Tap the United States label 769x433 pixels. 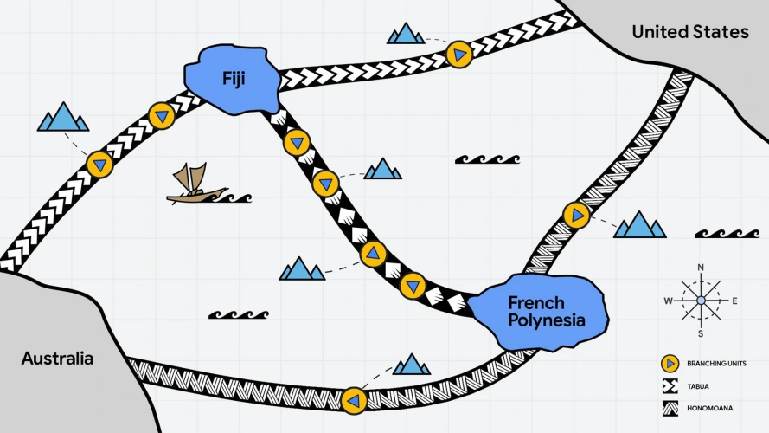point(689,32)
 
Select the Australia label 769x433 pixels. point(57,358)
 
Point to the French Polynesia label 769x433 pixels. point(546,312)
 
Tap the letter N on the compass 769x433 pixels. point(701,267)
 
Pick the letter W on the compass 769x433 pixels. point(668,301)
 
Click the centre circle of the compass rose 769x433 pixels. point(701,301)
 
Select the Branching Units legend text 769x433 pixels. point(716,364)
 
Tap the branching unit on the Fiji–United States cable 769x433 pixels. point(459,55)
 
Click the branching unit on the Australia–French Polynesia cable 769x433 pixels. point(353,400)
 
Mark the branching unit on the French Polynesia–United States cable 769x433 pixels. point(576,214)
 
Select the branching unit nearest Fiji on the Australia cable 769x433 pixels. point(162,115)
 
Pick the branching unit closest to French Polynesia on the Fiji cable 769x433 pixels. point(413,284)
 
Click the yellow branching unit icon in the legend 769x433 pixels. point(669,364)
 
